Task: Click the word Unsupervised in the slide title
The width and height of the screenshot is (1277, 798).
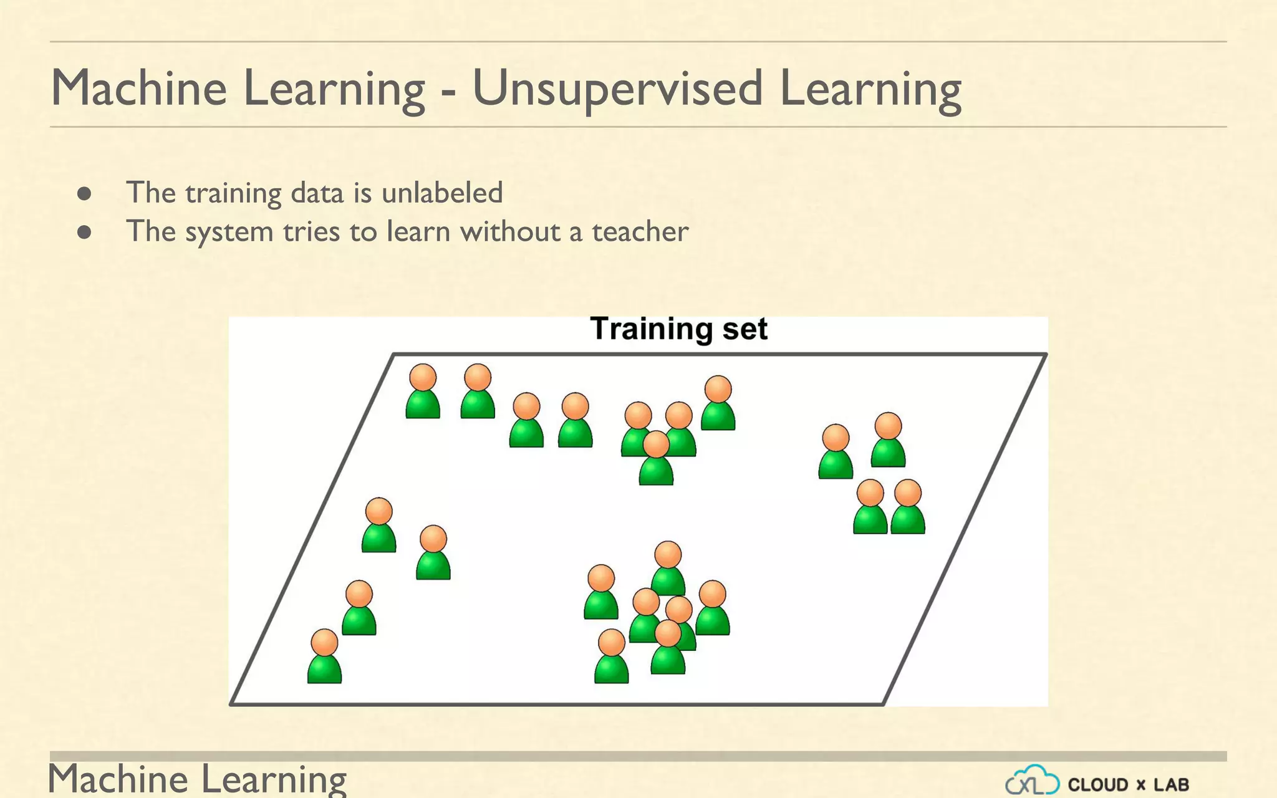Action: click(617, 89)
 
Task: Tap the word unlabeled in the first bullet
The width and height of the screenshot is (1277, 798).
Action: click(442, 193)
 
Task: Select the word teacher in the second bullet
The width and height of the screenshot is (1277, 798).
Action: click(640, 232)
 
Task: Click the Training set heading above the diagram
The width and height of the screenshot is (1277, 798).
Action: click(678, 329)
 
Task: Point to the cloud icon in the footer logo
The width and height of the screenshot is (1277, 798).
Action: click(1033, 781)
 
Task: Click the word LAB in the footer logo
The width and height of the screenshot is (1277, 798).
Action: click(1171, 784)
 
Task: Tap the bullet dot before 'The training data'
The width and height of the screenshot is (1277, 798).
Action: click(85, 193)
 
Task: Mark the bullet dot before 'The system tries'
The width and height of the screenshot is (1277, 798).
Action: click(85, 233)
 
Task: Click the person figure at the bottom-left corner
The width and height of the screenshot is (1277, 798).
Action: click(324, 657)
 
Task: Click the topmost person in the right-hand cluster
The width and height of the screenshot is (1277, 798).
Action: click(888, 440)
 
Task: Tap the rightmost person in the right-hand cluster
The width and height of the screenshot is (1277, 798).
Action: click(908, 507)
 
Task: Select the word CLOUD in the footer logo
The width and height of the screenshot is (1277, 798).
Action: click(1098, 784)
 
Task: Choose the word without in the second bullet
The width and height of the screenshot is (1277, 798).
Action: click(509, 232)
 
